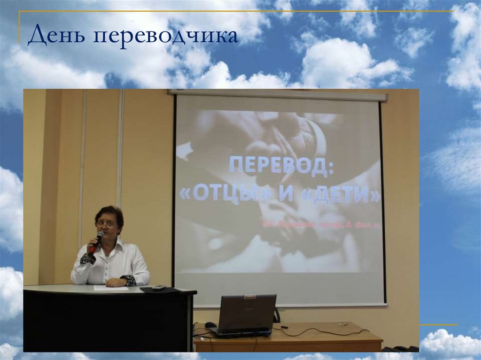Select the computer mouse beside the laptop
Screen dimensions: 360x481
click(x=211, y=324)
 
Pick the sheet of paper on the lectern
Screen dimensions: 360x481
click(x=111, y=288)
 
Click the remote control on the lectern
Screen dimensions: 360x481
click(x=159, y=287)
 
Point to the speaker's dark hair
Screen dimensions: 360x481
click(x=109, y=213)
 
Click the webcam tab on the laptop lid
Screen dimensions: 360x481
click(x=250, y=297)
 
